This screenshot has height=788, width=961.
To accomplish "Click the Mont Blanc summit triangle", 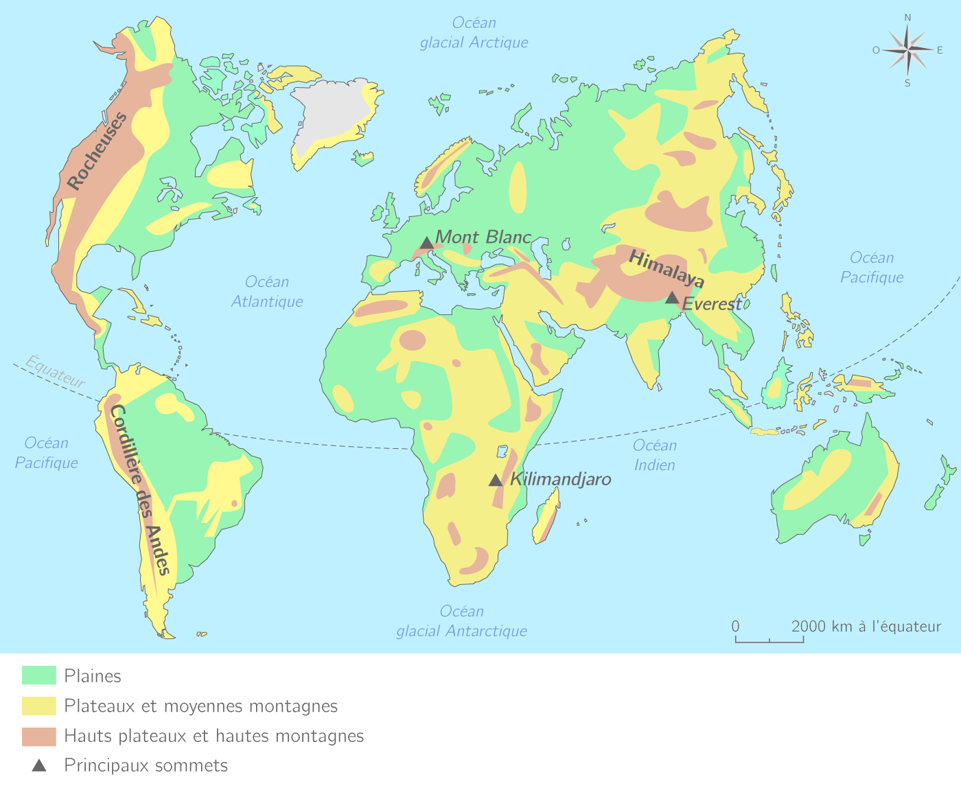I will (426, 243).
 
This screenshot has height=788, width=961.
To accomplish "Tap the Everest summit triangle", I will (672, 298).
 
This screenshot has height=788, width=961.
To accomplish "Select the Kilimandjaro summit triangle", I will (496, 480).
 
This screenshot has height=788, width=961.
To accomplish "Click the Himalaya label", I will (667, 268).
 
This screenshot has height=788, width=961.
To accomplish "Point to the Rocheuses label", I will (97, 151).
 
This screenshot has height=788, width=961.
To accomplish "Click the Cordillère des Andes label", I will (139, 489).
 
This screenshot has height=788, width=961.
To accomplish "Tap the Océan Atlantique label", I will (267, 292).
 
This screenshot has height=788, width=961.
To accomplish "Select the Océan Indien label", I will (655, 455).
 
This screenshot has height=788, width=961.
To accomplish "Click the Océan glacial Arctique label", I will (474, 33).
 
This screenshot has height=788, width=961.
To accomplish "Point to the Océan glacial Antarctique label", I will (462, 621).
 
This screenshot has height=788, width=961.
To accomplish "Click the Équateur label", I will (56, 371).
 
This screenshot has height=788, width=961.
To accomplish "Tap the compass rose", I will (907, 49).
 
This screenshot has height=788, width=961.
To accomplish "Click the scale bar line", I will (769, 641).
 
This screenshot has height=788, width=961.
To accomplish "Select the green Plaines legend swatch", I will (39, 675).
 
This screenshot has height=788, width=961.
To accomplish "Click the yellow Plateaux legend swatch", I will (39, 706).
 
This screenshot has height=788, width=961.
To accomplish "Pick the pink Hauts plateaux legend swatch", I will (39, 737).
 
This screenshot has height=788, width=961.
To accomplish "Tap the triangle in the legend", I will (39, 765).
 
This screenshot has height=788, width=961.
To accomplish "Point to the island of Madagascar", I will (546, 520).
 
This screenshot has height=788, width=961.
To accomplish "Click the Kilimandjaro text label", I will (560, 479).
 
